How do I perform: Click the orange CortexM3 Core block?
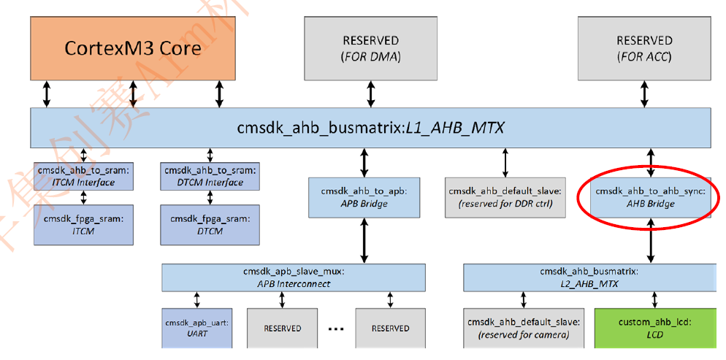[132, 47]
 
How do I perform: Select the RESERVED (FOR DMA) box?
[370, 47]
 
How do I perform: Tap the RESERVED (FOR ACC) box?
[643, 47]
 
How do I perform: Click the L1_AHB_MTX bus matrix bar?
[370, 128]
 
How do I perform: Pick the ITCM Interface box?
[84, 177]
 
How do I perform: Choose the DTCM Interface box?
[211, 177]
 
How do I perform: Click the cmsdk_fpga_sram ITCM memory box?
[84, 223]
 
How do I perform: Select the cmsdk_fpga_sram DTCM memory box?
[211, 223]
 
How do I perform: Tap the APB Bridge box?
[364, 197]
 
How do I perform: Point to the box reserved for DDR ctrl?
[505, 197]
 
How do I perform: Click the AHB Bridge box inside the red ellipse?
[645, 197]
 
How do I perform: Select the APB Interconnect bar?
[293, 277]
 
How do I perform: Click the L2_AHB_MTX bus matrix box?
[588, 277]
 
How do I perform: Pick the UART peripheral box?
[196, 327]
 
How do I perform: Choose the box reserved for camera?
[522, 327]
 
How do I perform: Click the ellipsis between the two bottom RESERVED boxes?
[336, 329]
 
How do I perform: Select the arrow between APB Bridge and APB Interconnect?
[364, 241]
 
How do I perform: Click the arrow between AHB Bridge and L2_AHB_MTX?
[649, 245]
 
